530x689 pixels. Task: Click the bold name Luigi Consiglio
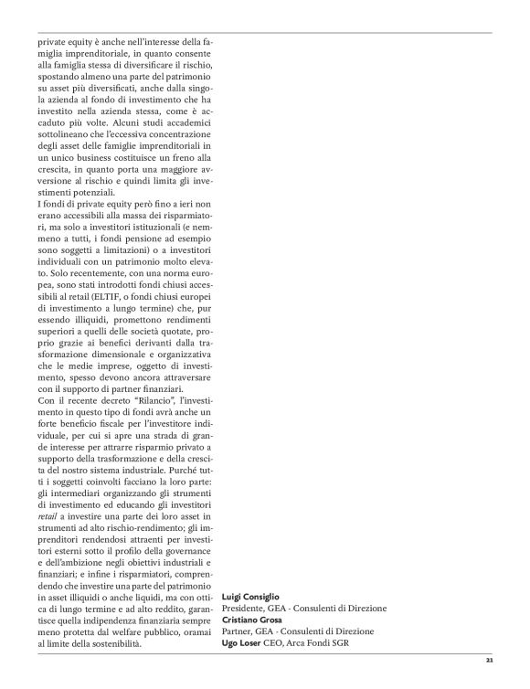coord(255,596)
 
